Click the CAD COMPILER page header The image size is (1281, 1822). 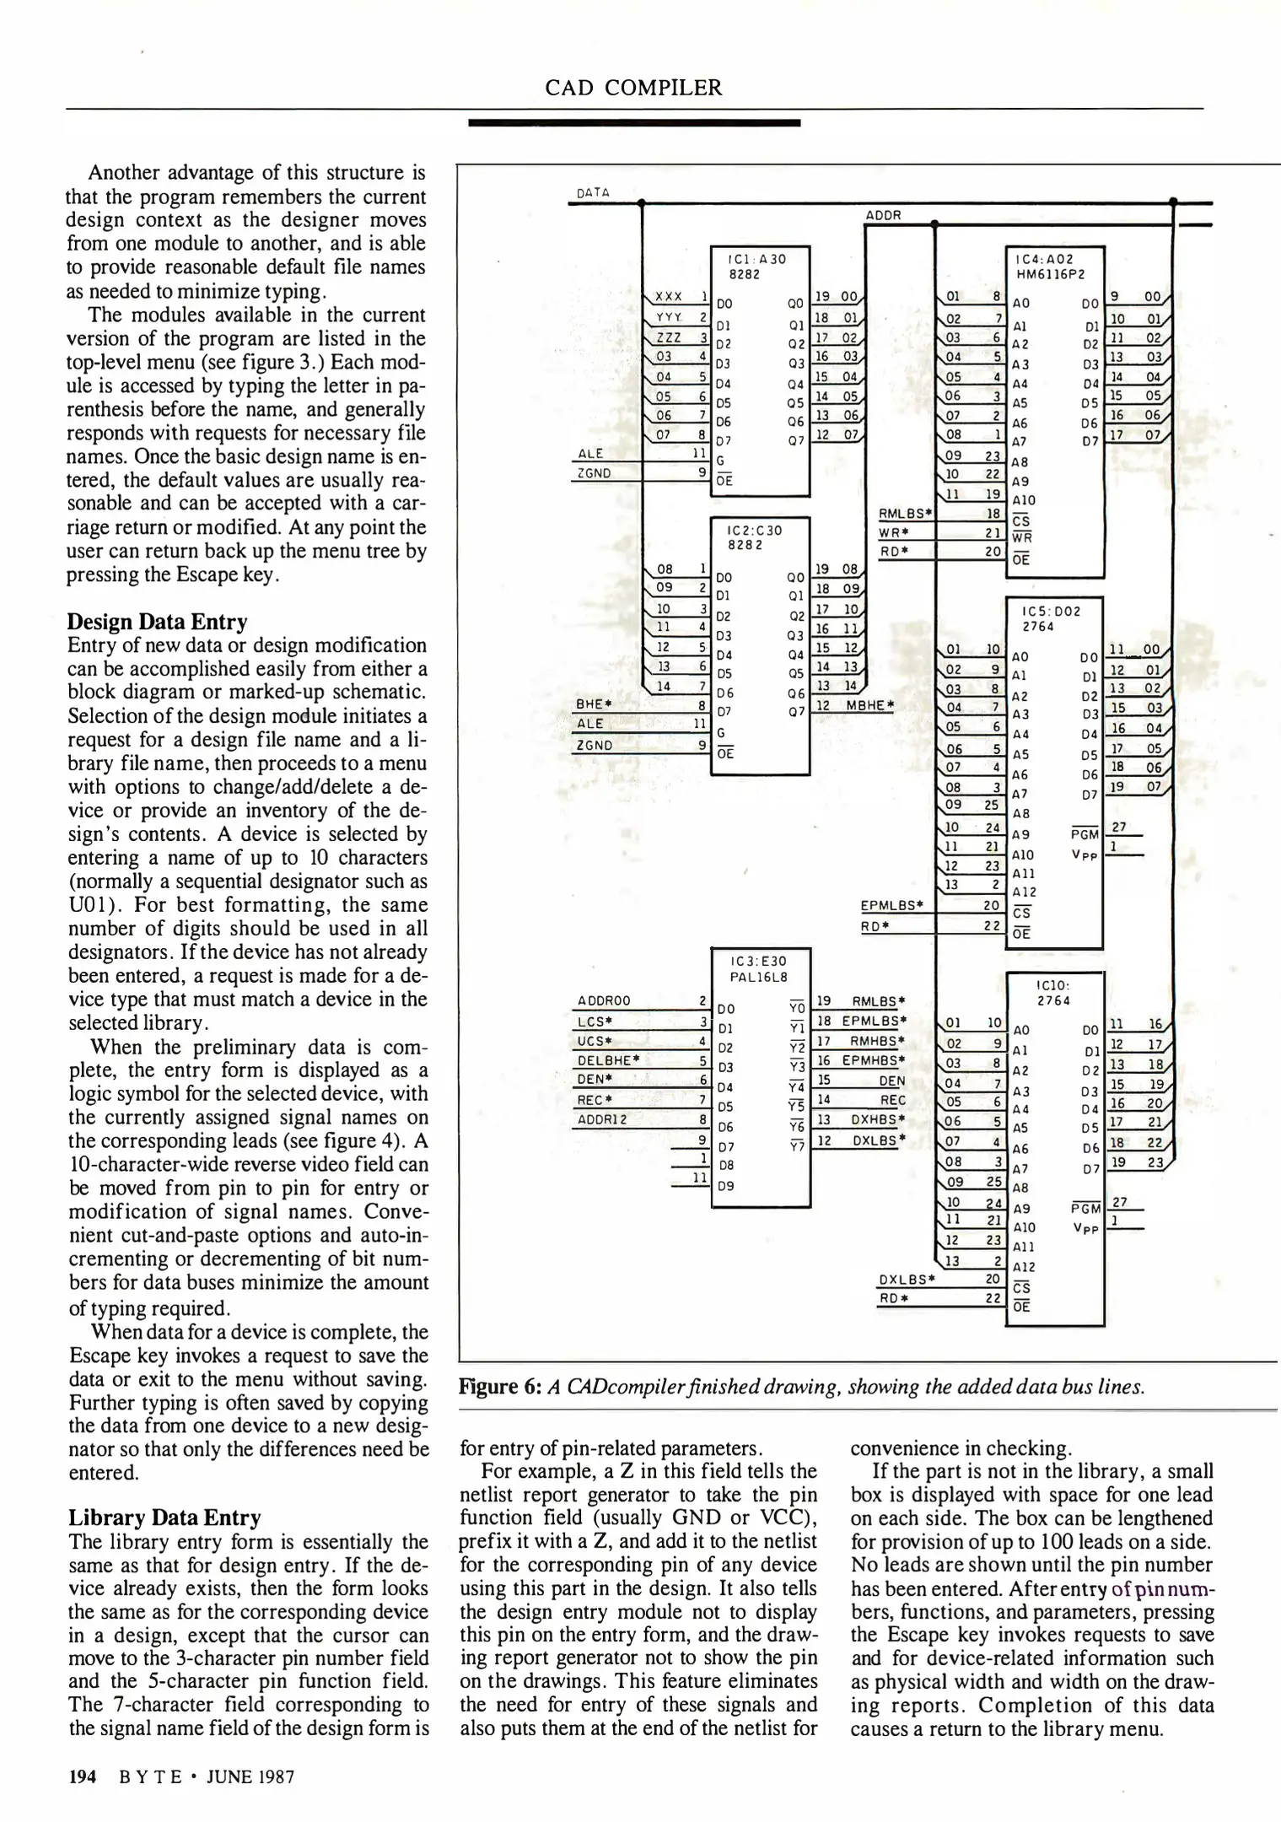point(633,88)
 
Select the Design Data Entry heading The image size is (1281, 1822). point(157,622)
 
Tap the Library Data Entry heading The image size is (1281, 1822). point(164,1517)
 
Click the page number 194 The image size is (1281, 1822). point(82,1776)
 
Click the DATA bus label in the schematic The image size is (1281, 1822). point(593,192)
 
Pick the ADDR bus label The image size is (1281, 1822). point(884,215)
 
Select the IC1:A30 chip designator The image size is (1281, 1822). point(750,260)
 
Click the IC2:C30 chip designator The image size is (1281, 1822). point(748,531)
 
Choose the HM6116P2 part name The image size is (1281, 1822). point(1050,274)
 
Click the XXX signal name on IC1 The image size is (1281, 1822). point(669,297)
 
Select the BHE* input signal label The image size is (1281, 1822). point(593,703)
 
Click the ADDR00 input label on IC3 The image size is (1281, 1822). point(604,1001)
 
